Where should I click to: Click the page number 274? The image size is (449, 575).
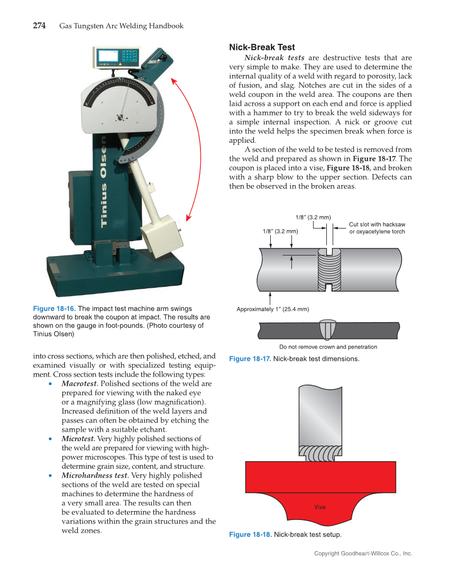point(39,25)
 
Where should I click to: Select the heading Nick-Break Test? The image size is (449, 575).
point(262,48)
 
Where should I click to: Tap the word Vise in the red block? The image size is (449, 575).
point(319,507)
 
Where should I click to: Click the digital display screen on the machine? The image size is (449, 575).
point(108,57)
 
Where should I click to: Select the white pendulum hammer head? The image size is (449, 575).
point(159,233)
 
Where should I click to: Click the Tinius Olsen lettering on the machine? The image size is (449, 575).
point(104,180)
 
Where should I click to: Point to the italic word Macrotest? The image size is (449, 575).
point(79,383)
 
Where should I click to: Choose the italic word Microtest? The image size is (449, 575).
point(78,439)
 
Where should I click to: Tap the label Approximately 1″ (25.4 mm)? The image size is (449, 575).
point(272,309)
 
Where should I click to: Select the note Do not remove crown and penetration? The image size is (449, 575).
point(328,347)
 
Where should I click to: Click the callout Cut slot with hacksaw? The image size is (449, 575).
point(377,225)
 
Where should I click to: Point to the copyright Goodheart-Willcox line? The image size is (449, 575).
point(363,553)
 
